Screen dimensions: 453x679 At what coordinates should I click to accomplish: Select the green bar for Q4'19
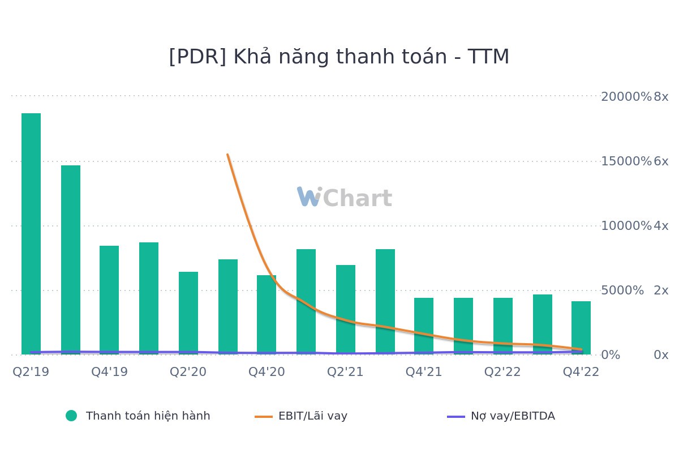coord(109,300)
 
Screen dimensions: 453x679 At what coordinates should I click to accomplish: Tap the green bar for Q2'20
coord(188,313)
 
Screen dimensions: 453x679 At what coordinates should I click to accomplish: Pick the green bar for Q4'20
coord(267,314)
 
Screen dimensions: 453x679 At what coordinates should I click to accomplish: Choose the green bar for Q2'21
coord(346,309)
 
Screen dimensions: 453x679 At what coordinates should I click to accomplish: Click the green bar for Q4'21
coord(424,326)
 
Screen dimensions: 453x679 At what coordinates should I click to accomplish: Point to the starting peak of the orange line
coord(227,155)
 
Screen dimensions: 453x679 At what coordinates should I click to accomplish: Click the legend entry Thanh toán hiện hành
coord(148,416)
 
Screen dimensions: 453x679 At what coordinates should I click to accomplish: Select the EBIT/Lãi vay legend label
coord(312,416)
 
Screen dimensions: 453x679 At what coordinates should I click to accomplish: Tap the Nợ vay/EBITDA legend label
coord(513,416)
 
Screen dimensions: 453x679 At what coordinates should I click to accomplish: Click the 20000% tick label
coord(626,96)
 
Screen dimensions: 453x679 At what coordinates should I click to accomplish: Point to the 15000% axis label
coord(626,161)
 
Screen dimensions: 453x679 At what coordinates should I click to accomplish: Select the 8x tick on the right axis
coord(661,96)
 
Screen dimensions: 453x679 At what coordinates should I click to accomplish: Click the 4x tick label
coord(661,225)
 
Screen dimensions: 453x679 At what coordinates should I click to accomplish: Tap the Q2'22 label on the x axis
coord(502,371)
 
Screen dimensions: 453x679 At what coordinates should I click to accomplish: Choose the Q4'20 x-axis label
coord(267,371)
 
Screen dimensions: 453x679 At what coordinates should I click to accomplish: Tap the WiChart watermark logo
coord(344,198)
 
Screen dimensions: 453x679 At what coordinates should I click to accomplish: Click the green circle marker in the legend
coord(71,416)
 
